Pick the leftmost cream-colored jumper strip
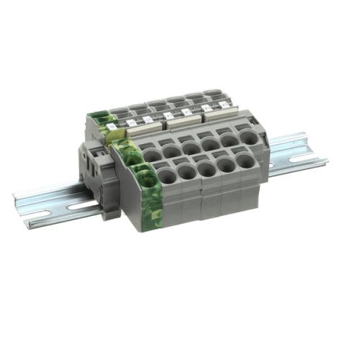pos(140,130)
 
